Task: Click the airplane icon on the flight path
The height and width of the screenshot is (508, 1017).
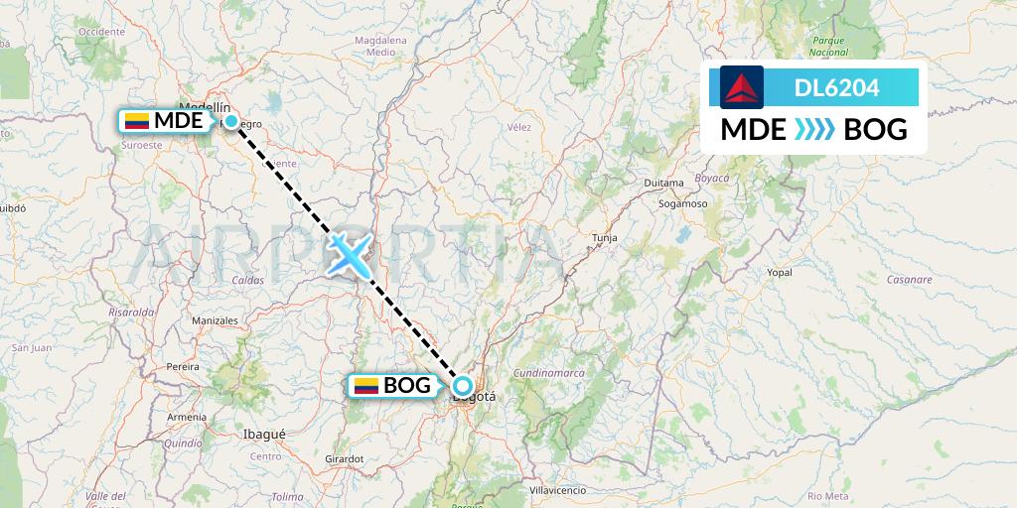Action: coord(348,253)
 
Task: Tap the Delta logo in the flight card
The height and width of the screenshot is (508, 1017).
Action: coord(742,87)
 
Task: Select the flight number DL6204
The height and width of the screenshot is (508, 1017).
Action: coord(836,88)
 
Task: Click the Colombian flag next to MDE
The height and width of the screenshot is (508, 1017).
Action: coord(137,122)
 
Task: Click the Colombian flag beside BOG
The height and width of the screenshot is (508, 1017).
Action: coord(366,386)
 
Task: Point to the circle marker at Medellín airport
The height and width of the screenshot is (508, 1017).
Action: coord(230,121)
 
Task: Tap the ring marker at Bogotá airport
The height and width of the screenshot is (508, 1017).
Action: coord(462,385)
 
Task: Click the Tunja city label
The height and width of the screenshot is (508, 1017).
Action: coord(604,238)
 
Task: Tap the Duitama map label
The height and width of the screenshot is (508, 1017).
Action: coord(664,184)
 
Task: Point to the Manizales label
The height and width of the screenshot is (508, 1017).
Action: coord(215,321)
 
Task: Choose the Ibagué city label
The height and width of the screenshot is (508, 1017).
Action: coord(264,434)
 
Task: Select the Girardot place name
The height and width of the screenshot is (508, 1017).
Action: coord(344,458)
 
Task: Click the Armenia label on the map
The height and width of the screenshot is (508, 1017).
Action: coord(187,417)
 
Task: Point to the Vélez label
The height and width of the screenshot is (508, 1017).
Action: coord(519,127)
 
